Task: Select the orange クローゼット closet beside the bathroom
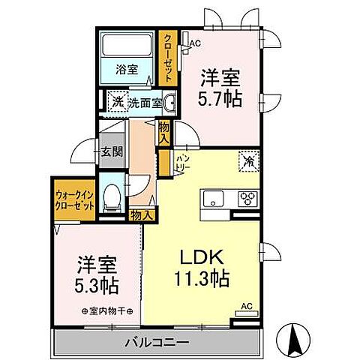(x=166, y=58)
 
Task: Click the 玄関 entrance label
(x=112, y=151)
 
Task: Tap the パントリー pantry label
(x=182, y=161)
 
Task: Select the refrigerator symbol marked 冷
(x=247, y=160)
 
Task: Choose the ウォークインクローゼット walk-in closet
(x=73, y=200)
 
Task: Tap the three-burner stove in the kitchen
(x=246, y=199)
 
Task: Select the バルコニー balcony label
(x=157, y=342)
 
